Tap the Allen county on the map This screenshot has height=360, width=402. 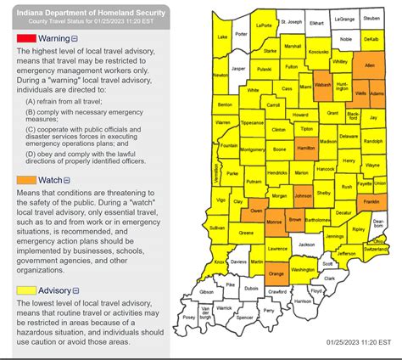pyautogui.click(x=369, y=65)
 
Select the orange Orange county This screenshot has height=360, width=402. pyautogui.click(x=276, y=275)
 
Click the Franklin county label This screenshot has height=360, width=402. pyautogui.click(x=370, y=202)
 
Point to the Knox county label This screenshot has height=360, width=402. pyautogui.click(x=219, y=264)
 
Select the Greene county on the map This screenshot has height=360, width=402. pyautogui.click(x=246, y=232)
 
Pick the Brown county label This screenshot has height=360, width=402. pyautogui.click(x=295, y=220)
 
